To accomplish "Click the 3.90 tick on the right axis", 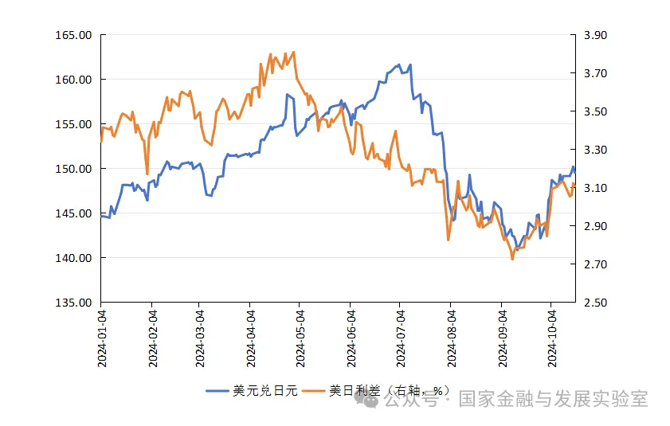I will (595, 36).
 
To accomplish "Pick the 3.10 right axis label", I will (595, 188).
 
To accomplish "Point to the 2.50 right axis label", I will (595, 303).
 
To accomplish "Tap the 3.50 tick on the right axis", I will (595, 111).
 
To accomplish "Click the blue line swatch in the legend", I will (217, 391).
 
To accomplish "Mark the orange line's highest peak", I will (294, 52).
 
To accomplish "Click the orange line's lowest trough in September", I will (512, 259).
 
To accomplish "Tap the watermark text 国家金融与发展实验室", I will (553, 399).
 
